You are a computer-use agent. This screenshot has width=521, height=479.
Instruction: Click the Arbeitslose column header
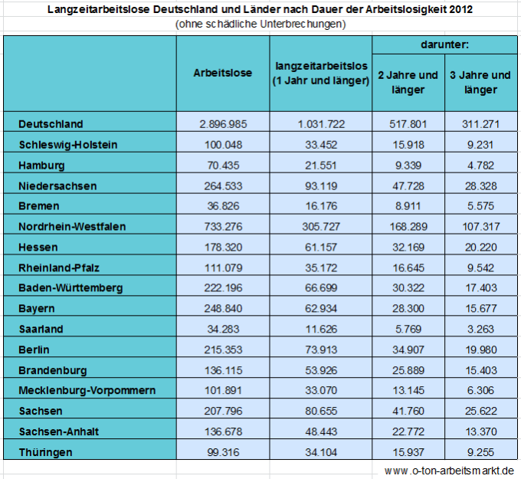[x=223, y=73]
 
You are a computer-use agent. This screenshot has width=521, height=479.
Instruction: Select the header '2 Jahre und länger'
[x=408, y=83]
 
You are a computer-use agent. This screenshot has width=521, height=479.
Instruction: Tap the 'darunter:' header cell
[x=444, y=44]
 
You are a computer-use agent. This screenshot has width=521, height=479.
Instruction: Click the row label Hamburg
[x=41, y=166]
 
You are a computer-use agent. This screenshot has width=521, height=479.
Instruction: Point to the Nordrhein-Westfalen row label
[x=72, y=227]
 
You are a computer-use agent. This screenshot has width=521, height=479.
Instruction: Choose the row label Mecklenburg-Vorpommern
[x=87, y=390]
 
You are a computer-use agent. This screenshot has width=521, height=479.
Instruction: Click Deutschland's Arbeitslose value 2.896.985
[x=223, y=124]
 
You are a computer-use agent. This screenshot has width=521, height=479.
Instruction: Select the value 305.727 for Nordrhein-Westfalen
[x=321, y=227]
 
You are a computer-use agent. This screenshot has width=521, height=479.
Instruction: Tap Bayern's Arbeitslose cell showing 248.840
[x=223, y=308]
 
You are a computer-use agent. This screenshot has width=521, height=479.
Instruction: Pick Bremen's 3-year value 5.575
[x=481, y=206]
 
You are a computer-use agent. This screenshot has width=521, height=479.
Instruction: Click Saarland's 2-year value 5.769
[x=408, y=329]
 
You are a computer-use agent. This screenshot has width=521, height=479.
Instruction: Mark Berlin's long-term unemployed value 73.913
[x=321, y=349]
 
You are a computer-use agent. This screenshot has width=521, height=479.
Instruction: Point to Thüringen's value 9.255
[x=481, y=452]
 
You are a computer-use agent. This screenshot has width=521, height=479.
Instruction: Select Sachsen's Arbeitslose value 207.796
[x=223, y=411]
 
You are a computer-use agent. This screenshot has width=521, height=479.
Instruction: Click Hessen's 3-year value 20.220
[x=481, y=248]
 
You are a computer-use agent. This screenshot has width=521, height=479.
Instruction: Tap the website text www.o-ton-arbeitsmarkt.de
[x=449, y=471]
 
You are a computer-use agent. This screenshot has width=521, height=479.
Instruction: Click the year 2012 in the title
[x=460, y=9]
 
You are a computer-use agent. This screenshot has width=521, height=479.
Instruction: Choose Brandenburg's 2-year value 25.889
[x=408, y=370]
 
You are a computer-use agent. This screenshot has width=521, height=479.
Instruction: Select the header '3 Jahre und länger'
[x=480, y=83]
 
